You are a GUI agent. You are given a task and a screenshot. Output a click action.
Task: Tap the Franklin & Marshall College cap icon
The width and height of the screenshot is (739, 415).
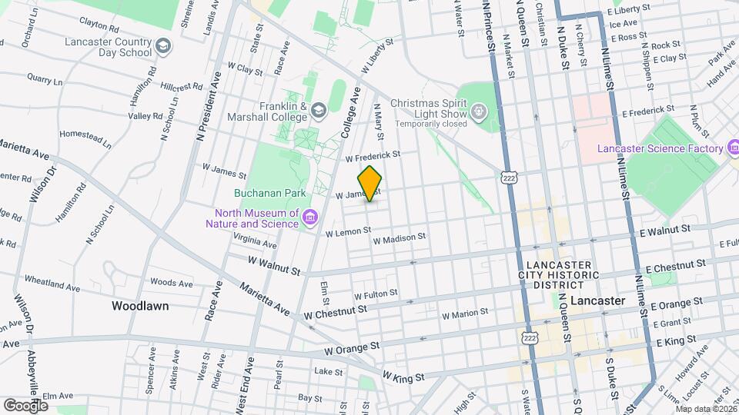tap(319, 112)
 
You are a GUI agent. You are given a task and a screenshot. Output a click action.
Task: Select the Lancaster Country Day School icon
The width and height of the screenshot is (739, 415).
tap(162, 47)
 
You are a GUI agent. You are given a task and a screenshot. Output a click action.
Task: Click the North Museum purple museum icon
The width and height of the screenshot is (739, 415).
tap(310, 218)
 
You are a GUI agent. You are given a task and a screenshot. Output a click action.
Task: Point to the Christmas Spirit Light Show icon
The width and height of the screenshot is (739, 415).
tap(479, 113)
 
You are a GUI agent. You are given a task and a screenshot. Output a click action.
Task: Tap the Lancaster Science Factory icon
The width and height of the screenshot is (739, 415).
tap(733, 148)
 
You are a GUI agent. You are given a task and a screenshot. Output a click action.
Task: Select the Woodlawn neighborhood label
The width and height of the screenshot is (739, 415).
tap(140, 306)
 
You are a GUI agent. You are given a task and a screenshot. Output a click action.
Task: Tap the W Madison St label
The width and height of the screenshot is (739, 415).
tap(399, 239)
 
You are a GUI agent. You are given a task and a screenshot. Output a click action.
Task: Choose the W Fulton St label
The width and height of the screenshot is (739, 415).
tap(376, 294)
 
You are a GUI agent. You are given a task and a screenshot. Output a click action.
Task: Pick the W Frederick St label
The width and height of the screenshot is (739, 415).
tap(373, 156)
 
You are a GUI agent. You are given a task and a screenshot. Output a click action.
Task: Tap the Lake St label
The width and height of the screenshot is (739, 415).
tap(328, 371)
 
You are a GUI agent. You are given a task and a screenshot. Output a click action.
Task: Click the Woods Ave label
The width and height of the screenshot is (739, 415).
tap(172, 283)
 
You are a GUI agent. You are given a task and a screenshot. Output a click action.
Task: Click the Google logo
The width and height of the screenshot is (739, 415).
tap(25, 405)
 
